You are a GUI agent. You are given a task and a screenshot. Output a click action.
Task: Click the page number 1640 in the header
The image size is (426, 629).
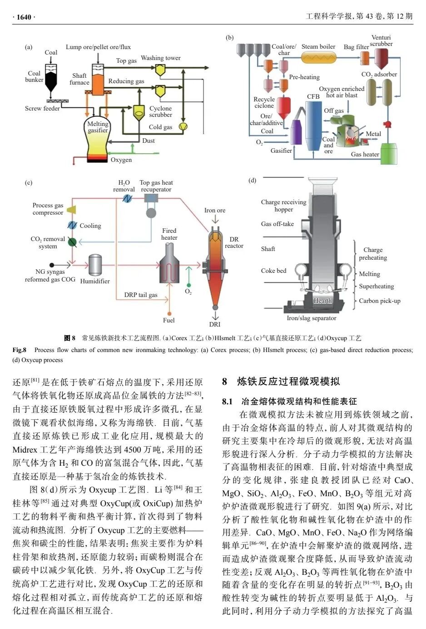coord(24,17)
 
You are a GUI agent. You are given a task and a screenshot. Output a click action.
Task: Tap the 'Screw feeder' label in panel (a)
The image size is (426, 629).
coord(42,108)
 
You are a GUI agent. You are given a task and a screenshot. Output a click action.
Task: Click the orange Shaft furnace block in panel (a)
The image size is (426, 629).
coord(98,85)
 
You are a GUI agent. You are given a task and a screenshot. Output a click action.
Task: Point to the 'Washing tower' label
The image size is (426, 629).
coord(160,58)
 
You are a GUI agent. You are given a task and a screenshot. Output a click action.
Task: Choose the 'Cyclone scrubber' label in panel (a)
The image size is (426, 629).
coord(160,111)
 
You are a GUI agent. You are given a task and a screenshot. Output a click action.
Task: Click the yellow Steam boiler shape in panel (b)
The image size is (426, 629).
coord(319,58)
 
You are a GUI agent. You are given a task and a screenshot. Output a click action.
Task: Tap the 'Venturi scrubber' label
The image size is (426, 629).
coord(381,40)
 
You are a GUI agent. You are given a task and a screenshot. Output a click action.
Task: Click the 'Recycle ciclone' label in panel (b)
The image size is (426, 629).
coord(264,102)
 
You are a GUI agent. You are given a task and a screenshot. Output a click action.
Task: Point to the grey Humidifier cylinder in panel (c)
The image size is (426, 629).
coord(95,265)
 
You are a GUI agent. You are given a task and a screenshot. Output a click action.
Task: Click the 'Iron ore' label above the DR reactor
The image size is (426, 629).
coord(215,210)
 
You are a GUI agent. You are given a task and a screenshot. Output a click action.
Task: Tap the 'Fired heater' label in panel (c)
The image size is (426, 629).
coord(169,234)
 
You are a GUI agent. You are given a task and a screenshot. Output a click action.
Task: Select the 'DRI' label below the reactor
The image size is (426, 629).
coord(215,324)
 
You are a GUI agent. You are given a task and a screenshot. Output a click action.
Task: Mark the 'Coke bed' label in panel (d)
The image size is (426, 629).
coord(273,271)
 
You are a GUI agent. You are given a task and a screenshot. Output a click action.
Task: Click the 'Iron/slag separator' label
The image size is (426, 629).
coord(312,318)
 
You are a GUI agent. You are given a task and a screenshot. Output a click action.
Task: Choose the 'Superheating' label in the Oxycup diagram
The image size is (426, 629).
coord(376,287)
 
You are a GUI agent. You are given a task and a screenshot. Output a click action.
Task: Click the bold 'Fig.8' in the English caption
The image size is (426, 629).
coord(19,350)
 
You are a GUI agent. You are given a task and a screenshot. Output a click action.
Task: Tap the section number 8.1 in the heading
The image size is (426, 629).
coord(227,402)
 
